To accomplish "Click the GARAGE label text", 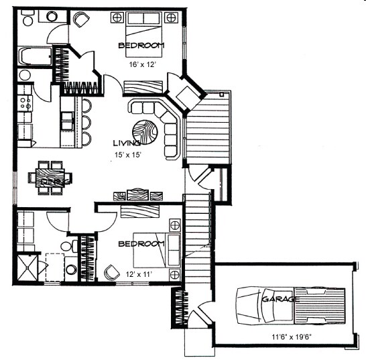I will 280,298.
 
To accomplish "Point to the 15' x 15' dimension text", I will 129,155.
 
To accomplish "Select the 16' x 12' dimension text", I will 142,66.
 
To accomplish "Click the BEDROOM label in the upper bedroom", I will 141,45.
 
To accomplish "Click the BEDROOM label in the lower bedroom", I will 141,243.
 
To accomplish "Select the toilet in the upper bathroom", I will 25,75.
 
